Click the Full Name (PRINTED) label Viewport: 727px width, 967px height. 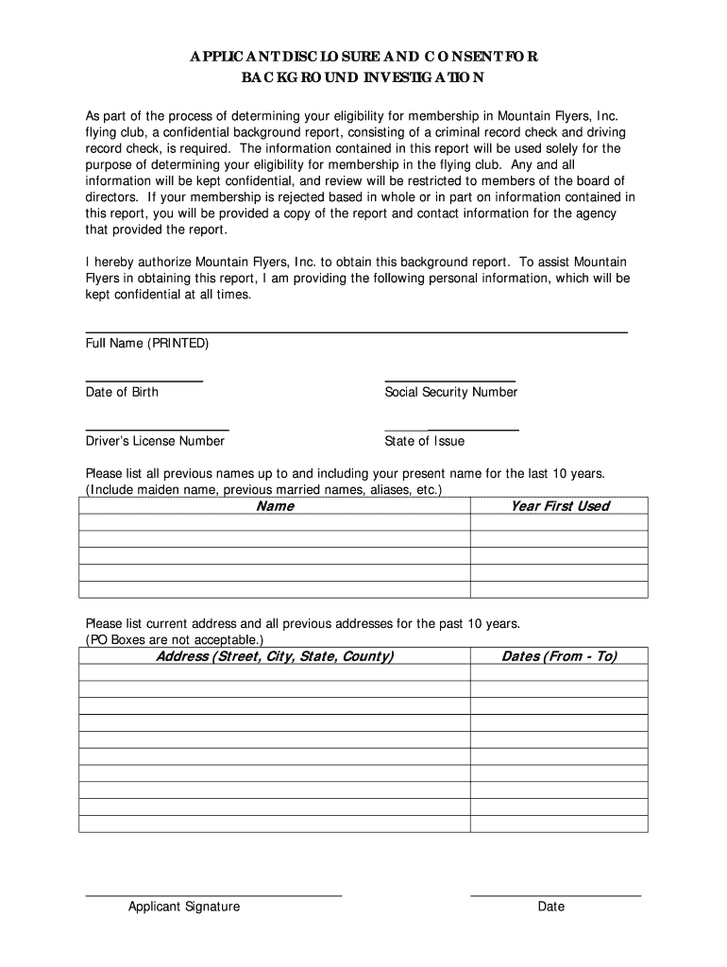[146, 343]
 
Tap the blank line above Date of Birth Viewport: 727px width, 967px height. [144, 380]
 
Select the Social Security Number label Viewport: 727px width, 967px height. [450, 392]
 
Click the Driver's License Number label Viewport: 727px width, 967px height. [155, 441]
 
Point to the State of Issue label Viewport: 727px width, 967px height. [424, 441]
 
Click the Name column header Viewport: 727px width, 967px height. [275, 506]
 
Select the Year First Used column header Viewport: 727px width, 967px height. [559, 506]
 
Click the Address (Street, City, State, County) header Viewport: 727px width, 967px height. [275, 656]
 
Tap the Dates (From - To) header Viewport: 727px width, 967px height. [559, 656]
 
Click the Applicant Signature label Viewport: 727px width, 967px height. [184, 907]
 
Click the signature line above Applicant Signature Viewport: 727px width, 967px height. [213, 893]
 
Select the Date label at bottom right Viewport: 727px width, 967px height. [550, 907]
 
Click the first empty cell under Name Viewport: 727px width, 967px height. [275, 522]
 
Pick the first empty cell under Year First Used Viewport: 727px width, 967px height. [559, 522]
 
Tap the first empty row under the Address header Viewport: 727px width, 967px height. [275, 672]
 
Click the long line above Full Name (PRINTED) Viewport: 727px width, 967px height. [356, 331]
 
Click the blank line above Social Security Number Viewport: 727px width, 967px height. [449, 380]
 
